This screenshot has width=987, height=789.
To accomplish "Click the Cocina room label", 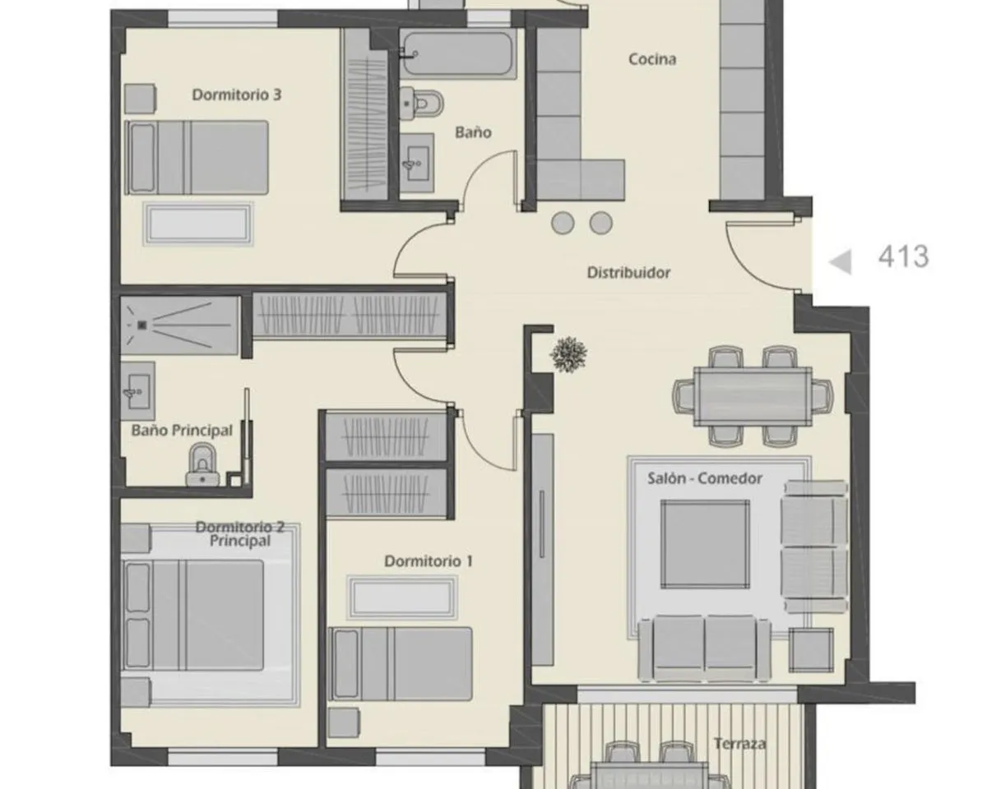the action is pyautogui.click(x=651, y=60).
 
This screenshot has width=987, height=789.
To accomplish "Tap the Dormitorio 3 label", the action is pyautogui.click(x=236, y=95).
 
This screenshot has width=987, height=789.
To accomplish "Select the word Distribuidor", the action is pyautogui.click(x=628, y=273).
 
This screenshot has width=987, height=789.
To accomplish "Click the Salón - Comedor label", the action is pyautogui.click(x=705, y=478).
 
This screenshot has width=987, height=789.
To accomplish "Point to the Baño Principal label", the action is pyautogui.click(x=182, y=431).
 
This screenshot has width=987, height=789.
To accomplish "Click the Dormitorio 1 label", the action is pyautogui.click(x=428, y=561).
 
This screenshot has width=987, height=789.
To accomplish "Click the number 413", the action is pyautogui.click(x=903, y=256).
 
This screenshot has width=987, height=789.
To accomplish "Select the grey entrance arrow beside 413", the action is pyautogui.click(x=841, y=262).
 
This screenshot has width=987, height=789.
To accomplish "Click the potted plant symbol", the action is pyautogui.click(x=568, y=354).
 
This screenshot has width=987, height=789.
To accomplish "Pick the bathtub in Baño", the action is pyautogui.click(x=457, y=53).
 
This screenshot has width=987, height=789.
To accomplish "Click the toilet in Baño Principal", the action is pyautogui.click(x=202, y=464).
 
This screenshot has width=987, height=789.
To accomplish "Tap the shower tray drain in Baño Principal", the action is pyautogui.click(x=141, y=325).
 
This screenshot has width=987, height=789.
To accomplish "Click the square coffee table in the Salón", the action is pyautogui.click(x=705, y=544).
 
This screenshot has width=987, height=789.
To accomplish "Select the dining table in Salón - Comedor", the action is pyautogui.click(x=753, y=396).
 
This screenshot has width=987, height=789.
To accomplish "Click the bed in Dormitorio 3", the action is pyautogui.click(x=197, y=158).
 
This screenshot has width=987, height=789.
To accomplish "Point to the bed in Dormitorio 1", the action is pyautogui.click(x=401, y=664).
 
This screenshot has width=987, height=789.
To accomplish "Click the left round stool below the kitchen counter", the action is pyautogui.click(x=563, y=224).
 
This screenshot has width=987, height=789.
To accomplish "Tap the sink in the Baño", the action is pyautogui.click(x=416, y=164).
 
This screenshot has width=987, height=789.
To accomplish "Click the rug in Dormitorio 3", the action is pyautogui.click(x=198, y=224).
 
